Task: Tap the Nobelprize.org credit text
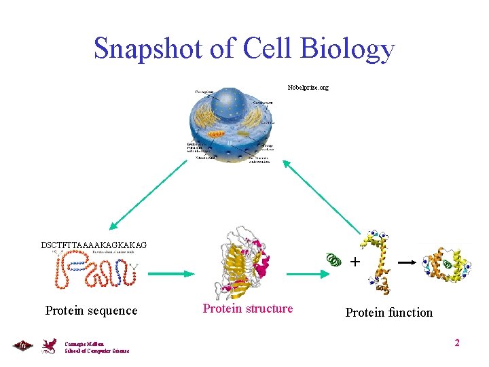coord(308,88)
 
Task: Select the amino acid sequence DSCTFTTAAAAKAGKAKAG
coord(94,245)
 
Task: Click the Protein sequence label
coord(91,311)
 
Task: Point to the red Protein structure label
coord(248,309)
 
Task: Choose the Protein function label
coord(388,313)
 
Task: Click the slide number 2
coord(457,343)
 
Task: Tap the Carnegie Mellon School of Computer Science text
coord(96,347)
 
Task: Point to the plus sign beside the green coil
coord(355,261)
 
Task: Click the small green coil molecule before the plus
coord(334,260)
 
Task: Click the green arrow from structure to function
coord(304,273)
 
